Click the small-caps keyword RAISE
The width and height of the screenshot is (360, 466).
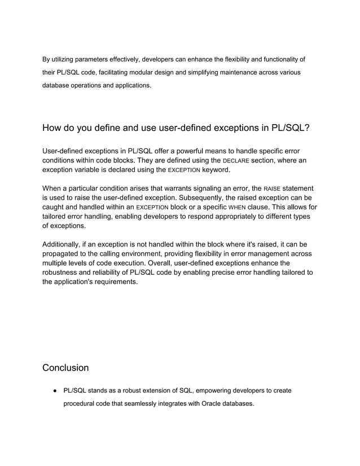click(272, 188)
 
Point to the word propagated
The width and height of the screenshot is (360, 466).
click(63, 254)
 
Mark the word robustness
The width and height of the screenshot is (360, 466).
click(63, 272)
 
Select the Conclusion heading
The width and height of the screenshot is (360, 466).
click(65, 368)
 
